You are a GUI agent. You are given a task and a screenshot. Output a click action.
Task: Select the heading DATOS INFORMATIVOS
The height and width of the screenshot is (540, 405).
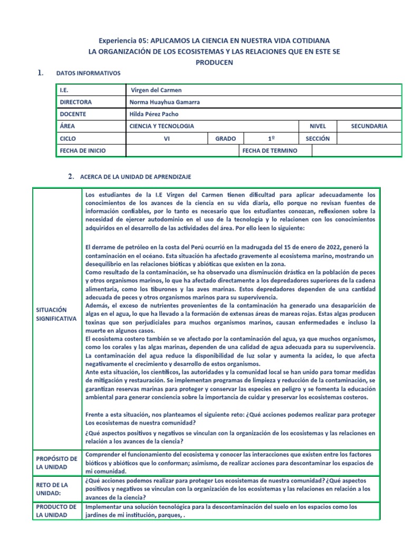click(88, 73)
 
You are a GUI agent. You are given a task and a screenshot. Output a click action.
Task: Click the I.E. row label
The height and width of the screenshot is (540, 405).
click(65, 91)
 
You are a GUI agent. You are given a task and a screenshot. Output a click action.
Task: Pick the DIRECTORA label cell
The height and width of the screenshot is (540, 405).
click(76, 102)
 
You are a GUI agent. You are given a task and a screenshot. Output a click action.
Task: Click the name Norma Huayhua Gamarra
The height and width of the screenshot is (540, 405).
click(165, 102)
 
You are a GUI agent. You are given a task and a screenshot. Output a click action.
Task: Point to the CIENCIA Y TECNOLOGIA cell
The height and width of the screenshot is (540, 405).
click(161, 126)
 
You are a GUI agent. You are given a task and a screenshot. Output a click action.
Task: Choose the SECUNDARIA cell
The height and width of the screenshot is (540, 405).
click(369, 126)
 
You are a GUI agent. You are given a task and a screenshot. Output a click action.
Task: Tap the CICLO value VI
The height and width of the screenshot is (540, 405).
click(167, 138)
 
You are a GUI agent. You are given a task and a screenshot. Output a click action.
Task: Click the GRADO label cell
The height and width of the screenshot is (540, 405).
click(225, 138)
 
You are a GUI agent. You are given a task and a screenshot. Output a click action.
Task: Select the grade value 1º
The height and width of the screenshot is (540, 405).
click(272, 138)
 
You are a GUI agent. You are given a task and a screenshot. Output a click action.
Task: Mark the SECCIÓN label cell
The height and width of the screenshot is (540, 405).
click(317, 138)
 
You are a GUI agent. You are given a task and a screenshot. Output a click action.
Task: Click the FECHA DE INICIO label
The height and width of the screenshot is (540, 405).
click(83, 151)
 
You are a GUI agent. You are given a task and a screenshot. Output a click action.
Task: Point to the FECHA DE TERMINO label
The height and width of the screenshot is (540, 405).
click(269, 151)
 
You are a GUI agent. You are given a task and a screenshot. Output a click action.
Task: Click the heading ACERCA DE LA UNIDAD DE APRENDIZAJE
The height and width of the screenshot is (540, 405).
click(136, 177)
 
